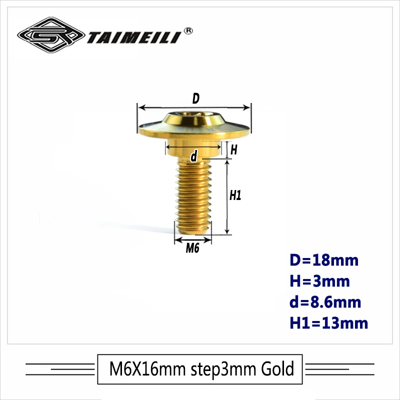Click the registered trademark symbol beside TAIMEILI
[x=189, y=30]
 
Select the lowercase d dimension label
[x=193, y=156]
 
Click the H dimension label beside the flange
[x=233, y=149]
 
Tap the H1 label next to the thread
[x=235, y=196]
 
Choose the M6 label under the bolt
[x=193, y=248]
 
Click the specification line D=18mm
[x=324, y=260]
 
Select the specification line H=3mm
[x=319, y=281]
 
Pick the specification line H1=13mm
[x=328, y=323]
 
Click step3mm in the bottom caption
[x=220, y=369]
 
